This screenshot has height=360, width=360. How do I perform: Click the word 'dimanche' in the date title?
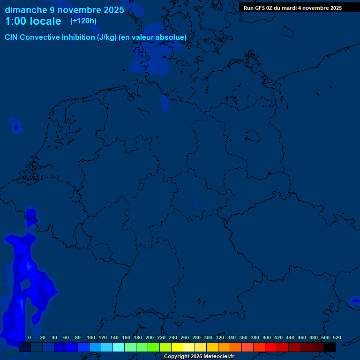tap(26, 10)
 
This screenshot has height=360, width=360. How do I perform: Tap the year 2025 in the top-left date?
tap(112, 10)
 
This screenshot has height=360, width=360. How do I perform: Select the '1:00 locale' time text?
tap(33, 22)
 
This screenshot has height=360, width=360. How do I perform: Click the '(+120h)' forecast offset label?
tap(83, 21)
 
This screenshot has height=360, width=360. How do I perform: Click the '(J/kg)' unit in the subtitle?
tap(107, 37)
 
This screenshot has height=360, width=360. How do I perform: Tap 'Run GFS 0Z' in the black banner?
tap(259, 8)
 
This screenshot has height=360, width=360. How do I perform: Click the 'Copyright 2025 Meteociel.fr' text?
tap(199, 357)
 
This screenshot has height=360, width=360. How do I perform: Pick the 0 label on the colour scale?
tap(30, 337)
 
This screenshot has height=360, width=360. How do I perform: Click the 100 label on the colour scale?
tap(91, 337)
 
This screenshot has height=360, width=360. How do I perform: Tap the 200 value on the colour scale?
tap(150, 337)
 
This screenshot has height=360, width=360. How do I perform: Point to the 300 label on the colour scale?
tap(208, 337)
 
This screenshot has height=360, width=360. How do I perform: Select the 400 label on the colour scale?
tap(267, 337)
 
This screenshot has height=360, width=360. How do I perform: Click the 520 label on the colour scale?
tap(337, 337)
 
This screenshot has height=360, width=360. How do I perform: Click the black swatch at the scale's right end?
tap(330, 347)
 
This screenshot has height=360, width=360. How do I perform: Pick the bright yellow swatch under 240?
tap(177, 347)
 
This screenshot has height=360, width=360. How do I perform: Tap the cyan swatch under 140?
tap(119, 347)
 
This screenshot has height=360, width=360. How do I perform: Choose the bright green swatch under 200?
tap(154, 347)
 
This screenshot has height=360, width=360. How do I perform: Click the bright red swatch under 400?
tap(271, 347)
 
